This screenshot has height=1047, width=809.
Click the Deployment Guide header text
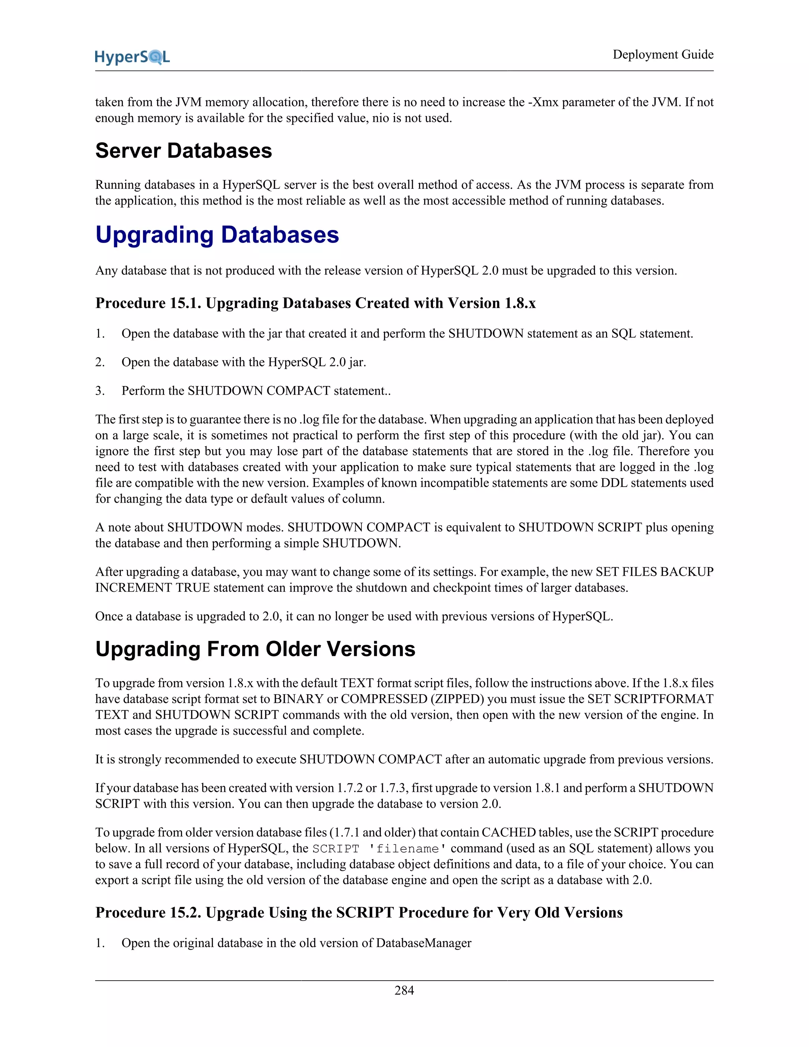pyautogui.click(x=663, y=55)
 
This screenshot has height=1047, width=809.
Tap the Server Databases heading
pyautogui.click(x=184, y=151)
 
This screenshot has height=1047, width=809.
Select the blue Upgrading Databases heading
pyautogui.click(x=217, y=235)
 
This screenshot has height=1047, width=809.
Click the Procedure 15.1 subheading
pyautogui.click(x=315, y=303)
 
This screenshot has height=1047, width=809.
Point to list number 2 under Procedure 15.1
pyautogui.click(x=100, y=362)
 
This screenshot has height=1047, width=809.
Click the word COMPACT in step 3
pyautogui.click(x=298, y=391)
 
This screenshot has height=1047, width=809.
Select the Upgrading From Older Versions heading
pyautogui.click(x=255, y=649)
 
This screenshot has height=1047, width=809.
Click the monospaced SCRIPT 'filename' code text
pyautogui.click(x=380, y=849)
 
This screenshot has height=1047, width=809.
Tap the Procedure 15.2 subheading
pyautogui.click(x=359, y=912)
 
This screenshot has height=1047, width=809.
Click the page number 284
pyautogui.click(x=404, y=991)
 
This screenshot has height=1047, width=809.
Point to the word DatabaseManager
pyautogui.click(x=424, y=943)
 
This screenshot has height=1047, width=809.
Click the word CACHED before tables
pyautogui.click(x=508, y=833)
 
